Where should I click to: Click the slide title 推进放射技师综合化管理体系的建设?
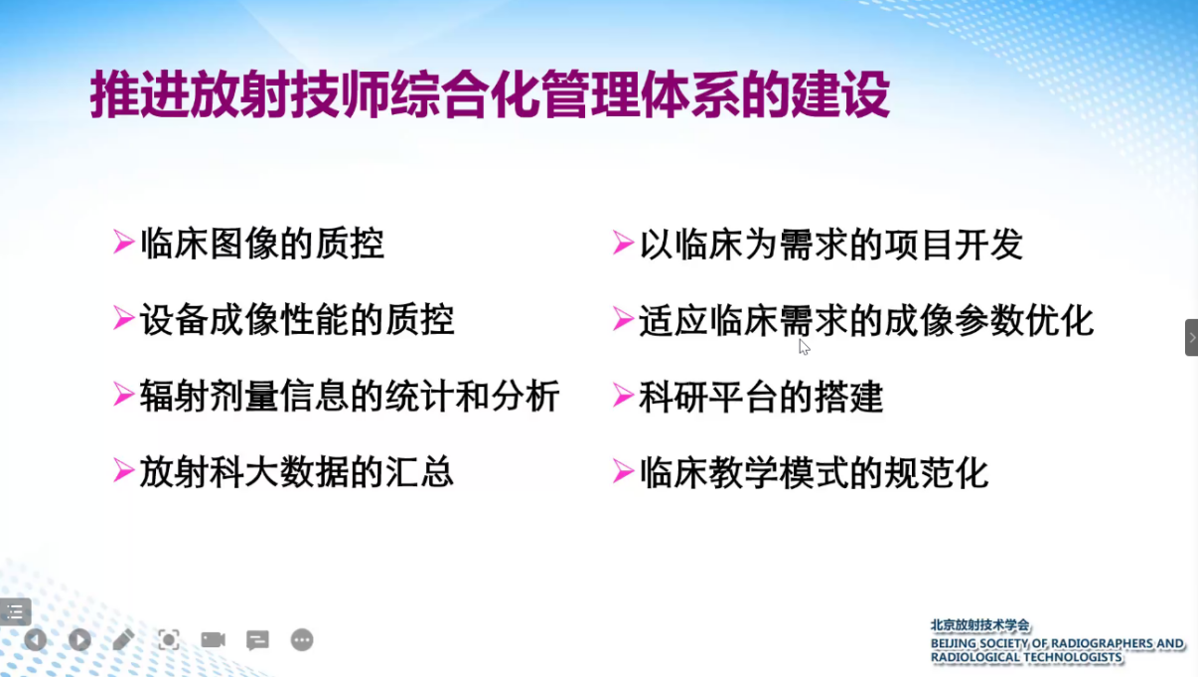(x=490, y=94)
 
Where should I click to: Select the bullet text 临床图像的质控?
(x=262, y=244)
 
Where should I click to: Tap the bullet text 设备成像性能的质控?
(x=297, y=320)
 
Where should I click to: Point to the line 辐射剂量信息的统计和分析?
(x=350, y=396)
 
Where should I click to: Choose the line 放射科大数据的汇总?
(x=297, y=472)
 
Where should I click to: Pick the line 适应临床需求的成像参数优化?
(x=866, y=320)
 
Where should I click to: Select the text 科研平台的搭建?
(x=761, y=397)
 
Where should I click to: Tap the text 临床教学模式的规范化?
(x=814, y=472)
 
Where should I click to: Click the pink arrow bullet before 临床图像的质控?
(x=123, y=242)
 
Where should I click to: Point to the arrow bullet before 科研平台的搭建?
(x=623, y=395)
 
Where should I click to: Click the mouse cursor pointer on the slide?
(x=805, y=347)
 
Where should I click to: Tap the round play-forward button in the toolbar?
(x=79, y=639)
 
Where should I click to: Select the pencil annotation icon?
(x=123, y=639)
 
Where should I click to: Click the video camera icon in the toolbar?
(x=213, y=639)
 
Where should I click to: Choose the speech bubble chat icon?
(x=257, y=640)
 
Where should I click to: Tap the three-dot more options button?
(x=302, y=639)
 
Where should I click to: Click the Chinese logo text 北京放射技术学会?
(x=979, y=625)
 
